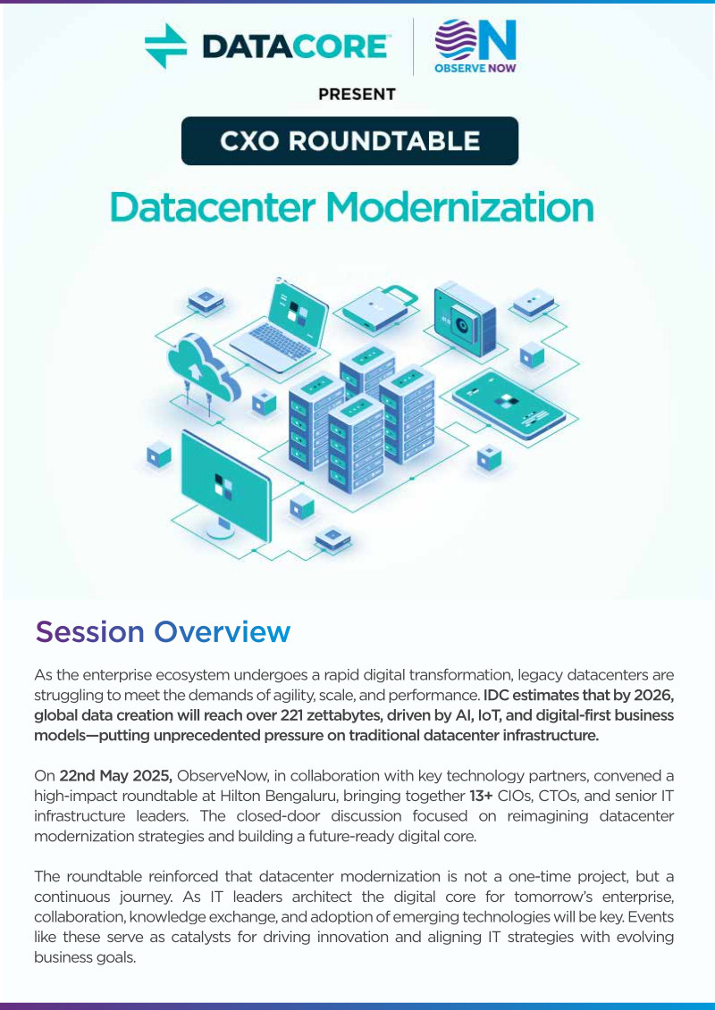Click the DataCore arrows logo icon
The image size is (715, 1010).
click(x=165, y=46)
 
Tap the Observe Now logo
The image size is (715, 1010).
click(x=475, y=46)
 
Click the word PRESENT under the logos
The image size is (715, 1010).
click(x=357, y=94)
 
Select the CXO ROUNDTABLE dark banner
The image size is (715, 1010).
click(x=349, y=140)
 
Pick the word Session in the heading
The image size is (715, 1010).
click(x=89, y=631)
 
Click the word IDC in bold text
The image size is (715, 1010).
click(x=495, y=695)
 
